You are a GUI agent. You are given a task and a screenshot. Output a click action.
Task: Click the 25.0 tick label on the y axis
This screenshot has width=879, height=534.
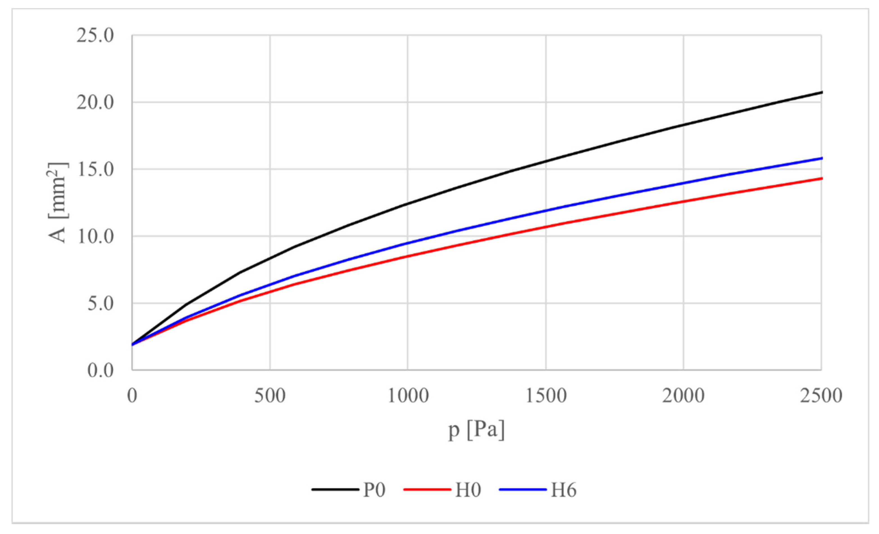(x=95, y=36)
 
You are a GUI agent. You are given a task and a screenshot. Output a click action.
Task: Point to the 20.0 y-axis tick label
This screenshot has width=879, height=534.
(x=95, y=103)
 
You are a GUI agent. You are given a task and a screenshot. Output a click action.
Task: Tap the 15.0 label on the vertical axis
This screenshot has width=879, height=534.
(x=95, y=170)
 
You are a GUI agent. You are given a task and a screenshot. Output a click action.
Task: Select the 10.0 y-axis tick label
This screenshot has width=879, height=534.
(x=95, y=236)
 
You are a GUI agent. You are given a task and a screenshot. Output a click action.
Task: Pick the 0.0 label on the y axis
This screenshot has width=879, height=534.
(x=100, y=370)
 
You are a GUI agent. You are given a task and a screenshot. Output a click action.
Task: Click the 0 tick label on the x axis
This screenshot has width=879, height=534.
(x=132, y=396)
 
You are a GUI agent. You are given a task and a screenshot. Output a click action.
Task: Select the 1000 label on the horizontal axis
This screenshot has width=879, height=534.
(x=408, y=396)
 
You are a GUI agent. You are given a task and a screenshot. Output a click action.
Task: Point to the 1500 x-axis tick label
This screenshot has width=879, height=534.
(x=546, y=396)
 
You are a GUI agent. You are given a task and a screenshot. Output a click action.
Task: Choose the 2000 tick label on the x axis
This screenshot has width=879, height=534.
(x=684, y=396)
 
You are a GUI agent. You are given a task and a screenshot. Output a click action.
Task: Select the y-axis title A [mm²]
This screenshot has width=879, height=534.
(x=58, y=202)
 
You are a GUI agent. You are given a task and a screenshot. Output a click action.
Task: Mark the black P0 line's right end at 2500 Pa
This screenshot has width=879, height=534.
(x=821, y=92)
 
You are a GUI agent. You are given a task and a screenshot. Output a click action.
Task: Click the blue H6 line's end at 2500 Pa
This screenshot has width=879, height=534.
(x=821, y=158)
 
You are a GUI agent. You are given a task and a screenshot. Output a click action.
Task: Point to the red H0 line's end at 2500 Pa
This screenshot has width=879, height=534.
(x=821, y=178)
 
